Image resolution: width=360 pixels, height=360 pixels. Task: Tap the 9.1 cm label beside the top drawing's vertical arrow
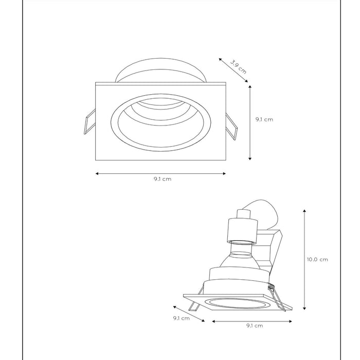(264, 119)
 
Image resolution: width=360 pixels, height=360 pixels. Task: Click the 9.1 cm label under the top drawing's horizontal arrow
(162, 179)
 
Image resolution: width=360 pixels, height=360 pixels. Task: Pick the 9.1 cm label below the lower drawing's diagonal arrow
(181, 318)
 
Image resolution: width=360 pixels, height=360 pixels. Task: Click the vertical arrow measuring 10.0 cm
(306, 260)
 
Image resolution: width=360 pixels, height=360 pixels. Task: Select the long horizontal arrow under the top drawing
(160, 173)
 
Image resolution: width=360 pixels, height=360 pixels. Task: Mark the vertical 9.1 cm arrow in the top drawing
(250, 122)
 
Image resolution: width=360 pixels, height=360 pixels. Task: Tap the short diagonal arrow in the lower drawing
(188, 313)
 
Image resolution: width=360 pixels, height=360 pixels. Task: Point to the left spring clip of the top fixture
(88, 122)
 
